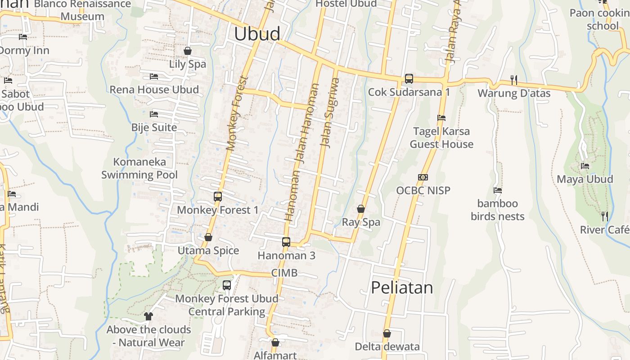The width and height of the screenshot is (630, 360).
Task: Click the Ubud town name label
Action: [x=257, y=34]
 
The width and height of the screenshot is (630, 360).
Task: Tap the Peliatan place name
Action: [x=402, y=288]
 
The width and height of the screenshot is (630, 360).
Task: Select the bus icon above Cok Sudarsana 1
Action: [x=409, y=79]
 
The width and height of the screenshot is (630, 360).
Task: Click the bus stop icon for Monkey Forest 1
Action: [x=218, y=197]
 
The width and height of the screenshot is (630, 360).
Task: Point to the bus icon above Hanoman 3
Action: [x=286, y=242]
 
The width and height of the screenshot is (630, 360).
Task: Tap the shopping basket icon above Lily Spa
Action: [x=188, y=51]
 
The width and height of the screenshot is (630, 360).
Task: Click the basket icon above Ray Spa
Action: [x=361, y=209]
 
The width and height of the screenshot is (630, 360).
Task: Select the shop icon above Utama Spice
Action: [x=208, y=237]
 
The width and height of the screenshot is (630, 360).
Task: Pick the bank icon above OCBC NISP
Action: [x=423, y=177]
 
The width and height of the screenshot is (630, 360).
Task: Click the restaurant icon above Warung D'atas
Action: [x=514, y=80]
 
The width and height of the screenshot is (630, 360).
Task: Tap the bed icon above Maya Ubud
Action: [x=585, y=166]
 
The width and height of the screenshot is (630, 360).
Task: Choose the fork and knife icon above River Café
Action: [x=605, y=216]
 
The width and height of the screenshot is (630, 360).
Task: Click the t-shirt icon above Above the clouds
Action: [x=148, y=316]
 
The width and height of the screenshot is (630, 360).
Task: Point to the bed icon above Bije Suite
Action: [x=154, y=114]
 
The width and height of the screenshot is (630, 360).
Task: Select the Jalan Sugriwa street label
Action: [x=329, y=112]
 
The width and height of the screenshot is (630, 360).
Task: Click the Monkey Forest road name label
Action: [x=238, y=113]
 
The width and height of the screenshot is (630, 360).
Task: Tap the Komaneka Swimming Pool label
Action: [x=139, y=168]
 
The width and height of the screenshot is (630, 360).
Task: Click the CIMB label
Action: [x=284, y=273]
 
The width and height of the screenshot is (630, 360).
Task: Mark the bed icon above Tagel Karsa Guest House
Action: [x=441, y=118]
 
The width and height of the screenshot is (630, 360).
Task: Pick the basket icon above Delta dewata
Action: [x=387, y=334]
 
